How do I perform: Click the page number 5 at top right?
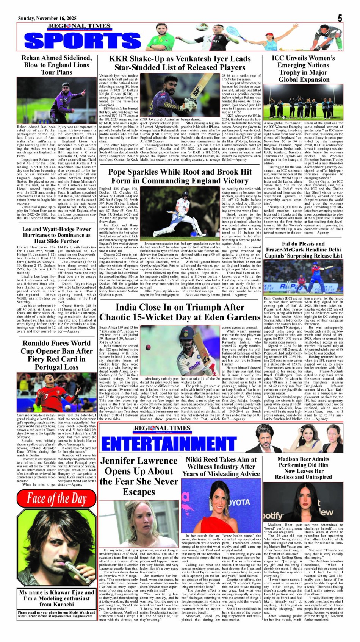[x=340, y=18]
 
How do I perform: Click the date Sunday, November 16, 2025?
[x=47, y=18]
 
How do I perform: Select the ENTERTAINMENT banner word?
[x=169, y=444]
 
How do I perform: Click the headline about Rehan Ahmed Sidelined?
[x=56, y=65]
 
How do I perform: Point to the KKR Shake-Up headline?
[x=180, y=63]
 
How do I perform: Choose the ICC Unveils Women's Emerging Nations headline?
[x=303, y=69]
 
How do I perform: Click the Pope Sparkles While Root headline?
[x=180, y=176]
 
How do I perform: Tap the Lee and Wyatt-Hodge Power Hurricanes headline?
[x=56, y=235]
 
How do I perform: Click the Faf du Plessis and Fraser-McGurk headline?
[x=303, y=250]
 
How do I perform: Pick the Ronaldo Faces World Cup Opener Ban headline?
[x=56, y=355]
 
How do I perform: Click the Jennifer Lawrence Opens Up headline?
[x=139, y=476]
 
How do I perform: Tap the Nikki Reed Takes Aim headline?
[x=221, y=466]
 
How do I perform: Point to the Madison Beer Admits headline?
[x=303, y=468]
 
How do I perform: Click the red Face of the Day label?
[x=56, y=499]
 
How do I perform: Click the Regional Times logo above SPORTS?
[x=80, y=27]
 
